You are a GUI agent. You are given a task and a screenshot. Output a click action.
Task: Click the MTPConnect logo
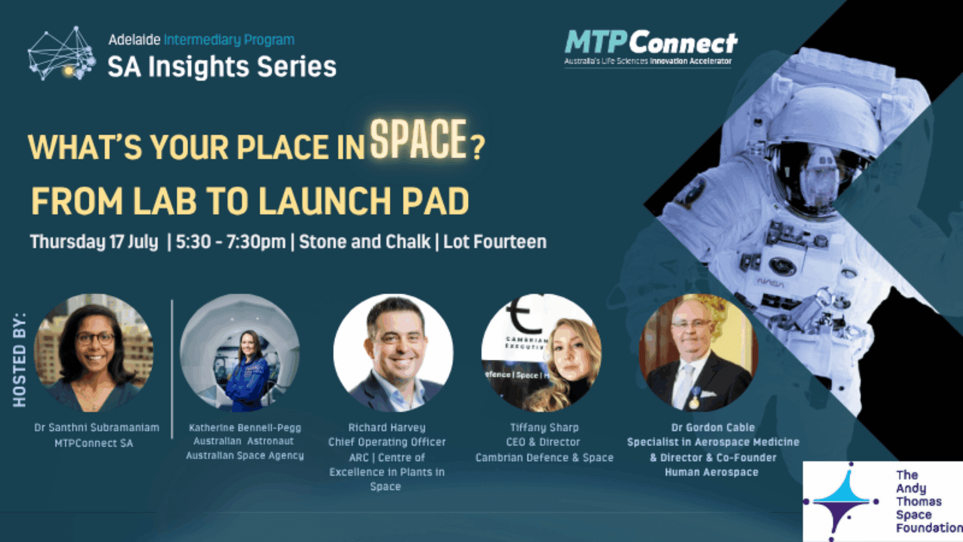tap(651, 47)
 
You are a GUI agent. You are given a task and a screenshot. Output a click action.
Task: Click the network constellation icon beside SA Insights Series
tap(61, 54)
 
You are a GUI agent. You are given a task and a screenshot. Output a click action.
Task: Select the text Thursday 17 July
tap(94, 242)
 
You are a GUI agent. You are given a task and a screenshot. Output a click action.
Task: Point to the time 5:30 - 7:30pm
tap(230, 242)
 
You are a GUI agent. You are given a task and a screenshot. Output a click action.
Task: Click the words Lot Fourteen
tap(495, 242)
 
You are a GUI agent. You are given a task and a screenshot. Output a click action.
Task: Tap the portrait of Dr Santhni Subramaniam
tap(94, 353)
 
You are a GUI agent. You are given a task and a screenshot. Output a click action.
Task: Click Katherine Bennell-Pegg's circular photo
tap(240, 353)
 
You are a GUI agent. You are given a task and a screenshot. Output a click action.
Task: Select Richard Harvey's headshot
tap(393, 353)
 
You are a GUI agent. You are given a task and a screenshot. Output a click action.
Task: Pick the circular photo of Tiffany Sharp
tap(542, 353)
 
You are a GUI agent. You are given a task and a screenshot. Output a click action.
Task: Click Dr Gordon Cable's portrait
tap(698, 353)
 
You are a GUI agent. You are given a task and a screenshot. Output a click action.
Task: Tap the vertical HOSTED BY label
tap(19, 359)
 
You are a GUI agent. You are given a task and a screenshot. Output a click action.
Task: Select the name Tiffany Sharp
tap(544, 428)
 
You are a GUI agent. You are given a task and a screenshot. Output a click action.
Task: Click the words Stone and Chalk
tap(365, 242)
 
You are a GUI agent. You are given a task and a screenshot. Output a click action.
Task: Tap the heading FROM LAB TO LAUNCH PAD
tap(250, 201)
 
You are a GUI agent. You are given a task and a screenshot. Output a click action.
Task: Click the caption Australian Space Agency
tap(245, 456)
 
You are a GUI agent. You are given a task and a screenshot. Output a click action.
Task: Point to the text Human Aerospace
tap(711, 472)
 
